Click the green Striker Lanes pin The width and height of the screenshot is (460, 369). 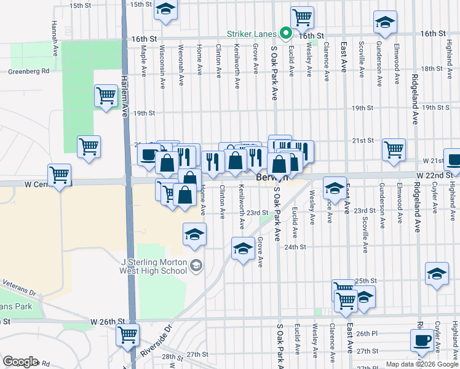[x=285, y=33]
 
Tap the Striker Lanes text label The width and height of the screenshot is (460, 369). [x=252, y=34]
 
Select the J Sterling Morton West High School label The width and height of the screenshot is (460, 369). [x=153, y=266]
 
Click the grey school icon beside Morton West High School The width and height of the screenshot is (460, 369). [x=196, y=266]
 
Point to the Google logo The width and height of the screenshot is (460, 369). [x=20, y=362]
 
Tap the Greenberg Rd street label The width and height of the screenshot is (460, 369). [x=28, y=71]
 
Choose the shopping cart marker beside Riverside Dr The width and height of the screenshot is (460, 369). [x=127, y=335]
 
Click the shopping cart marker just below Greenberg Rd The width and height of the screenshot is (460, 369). [x=106, y=96]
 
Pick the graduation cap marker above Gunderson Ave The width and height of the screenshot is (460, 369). [x=385, y=23]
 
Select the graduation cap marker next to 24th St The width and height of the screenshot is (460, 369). [x=243, y=249]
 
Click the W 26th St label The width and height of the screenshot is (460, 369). [x=108, y=322]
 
